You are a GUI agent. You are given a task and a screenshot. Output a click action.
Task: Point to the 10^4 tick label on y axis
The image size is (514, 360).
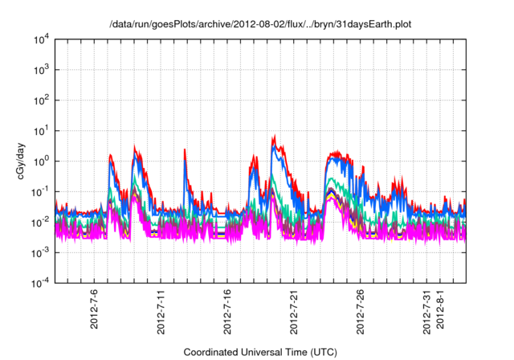tap(40, 39)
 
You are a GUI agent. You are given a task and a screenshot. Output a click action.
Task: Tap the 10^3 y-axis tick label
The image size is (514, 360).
tap(40, 70)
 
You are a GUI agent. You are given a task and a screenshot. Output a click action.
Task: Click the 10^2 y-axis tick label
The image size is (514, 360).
tap(40, 100)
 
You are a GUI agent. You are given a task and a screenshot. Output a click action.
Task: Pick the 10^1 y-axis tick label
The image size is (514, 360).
tap(40, 131)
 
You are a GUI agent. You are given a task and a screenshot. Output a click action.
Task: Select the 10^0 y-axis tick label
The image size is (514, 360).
tap(40, 162)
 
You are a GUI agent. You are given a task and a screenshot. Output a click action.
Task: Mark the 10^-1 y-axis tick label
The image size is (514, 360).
tap(39, 191)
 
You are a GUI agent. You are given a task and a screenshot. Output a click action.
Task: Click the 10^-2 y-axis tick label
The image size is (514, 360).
tap(39, 222)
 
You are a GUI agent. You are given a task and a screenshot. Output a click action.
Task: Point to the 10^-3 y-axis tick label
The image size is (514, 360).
tap(39, 252)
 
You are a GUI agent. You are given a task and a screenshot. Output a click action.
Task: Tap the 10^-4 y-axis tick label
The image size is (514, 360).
tap(39, 283)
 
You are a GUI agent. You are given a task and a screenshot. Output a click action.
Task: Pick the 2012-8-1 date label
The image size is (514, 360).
tap(440, 310)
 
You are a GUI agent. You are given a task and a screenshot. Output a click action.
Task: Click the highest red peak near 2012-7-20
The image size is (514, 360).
tap(275, 136)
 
